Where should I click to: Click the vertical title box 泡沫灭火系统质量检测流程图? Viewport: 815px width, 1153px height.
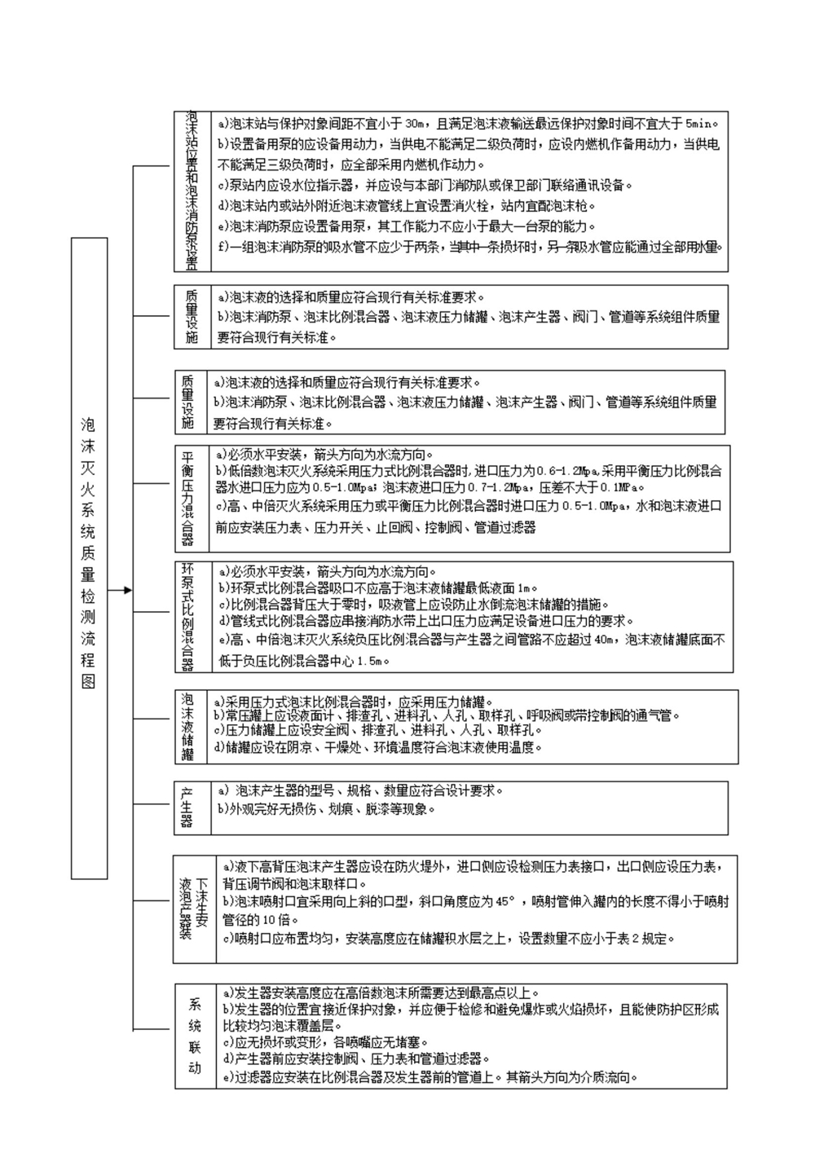click(x=89, y=558)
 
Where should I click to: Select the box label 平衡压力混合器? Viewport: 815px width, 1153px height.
click(x=187, y=498)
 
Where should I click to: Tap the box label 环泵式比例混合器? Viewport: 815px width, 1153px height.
click(x=187, y=616)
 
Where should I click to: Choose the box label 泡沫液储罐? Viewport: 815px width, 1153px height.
click(x=187, y=726)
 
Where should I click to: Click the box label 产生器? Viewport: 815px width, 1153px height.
click(x=187, y=808)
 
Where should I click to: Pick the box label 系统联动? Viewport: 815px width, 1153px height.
click(x=194, y=1036)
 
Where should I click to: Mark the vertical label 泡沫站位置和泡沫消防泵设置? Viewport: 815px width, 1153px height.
click(x=192, y=191)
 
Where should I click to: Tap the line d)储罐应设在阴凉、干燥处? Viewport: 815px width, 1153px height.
click(x=379, y=747)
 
